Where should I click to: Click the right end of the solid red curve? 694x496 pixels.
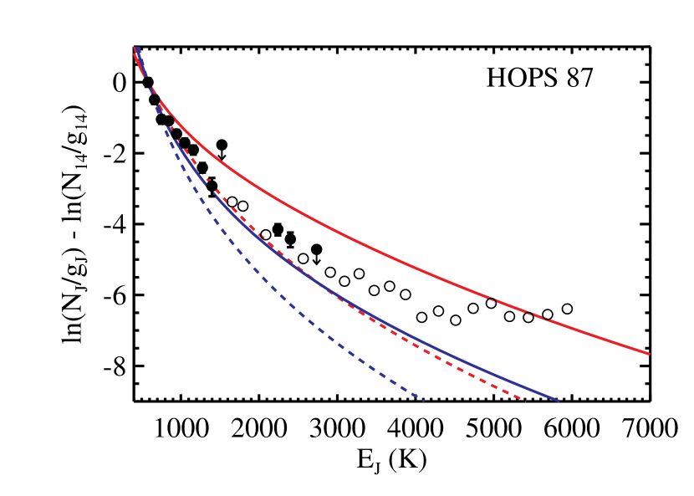tap(649, 353)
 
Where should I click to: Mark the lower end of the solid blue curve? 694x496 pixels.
tap(558, 401)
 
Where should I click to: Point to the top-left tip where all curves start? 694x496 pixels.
tap(135, 49)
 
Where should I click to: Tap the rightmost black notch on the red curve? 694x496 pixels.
tap(545, 318)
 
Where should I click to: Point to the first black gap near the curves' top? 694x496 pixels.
tap(158, 109)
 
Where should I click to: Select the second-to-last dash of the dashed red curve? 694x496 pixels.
tap(505, 391)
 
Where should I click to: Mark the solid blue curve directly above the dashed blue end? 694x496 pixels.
tap(424, 344)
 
